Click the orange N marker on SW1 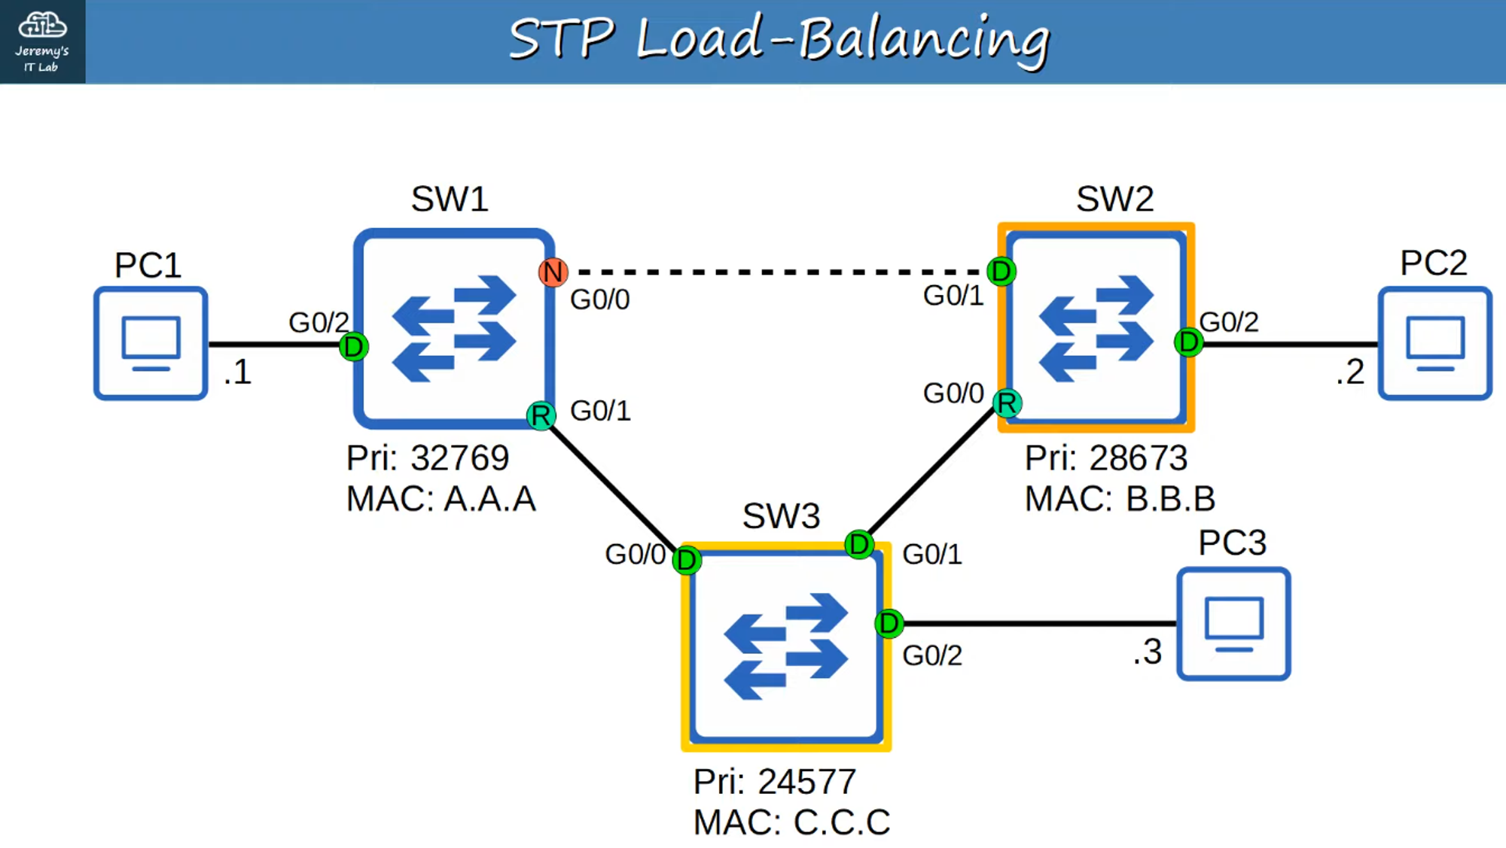pyautogui.click(x=553, y=272)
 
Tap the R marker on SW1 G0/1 pyautogui.click(x=541, y=415)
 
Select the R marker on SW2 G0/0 pyautogui.click(x=1007, y=403)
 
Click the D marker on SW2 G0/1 pyautogui.click(x=1001, y=271)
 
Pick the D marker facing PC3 pyautogui.click(x=889, y=623)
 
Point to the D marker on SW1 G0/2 pyautogui.click(x=353, y=347)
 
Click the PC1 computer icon pyautogui.click(x=151, y=343)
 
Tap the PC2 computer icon pyautogui.click(x=1434, y=343)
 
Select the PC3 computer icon pyautogui.click(x=1233, y=624)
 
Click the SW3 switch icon pyautogui.click(x=786, y=647)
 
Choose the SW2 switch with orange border pyautogui.click(x=1096, y=328)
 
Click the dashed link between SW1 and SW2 pyautogui.click(x=776, y=272)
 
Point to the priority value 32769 pyautogui.click(x=459, y=457)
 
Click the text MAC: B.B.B pyautogui.click(x=1120, y=499)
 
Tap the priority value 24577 pyautogui.click(x=806, y=781)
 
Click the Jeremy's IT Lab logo pyautogui.click(x=42, y=41)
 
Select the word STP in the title pyautogui.click(x=561, y=39)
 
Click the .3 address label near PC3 pyautogui.click(x=1148, y=652)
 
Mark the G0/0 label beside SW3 pyautogui.click(x=635, y=555)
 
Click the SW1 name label pyautogui.click(x=450, y=199)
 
